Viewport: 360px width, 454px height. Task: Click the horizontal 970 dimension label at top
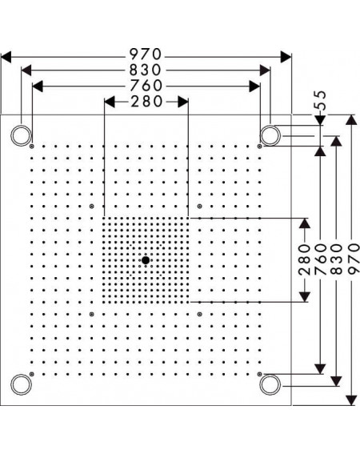pyautogui.click(x=145, y=54)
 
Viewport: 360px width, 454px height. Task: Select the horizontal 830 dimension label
pyautogui.click(x=145, y=70)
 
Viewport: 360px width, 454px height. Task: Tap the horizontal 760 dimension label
pyautogui.click(x=146, y=86)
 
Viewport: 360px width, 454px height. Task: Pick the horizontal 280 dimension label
pyautogui.click(x=146, y=102)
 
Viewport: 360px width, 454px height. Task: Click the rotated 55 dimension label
pyautogui.click(x=321, y=100)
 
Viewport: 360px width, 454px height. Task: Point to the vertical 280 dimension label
pyautogui.click(x=305, y=259)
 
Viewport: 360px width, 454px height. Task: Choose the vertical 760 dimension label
pyautogui.click(x=320, y=259)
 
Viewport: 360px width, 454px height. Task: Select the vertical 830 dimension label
pyautogui.click(x=336, y=259)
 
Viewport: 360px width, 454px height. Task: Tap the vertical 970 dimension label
pyautogui.click(x=353, y=259)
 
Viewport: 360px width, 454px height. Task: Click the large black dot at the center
pyautogui.click(x=146, y=260)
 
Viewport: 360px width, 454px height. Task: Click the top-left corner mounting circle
pyautogui.click(x=21, y=135)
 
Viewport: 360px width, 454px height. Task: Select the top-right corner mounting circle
pyautogui.click(x=270, y=135)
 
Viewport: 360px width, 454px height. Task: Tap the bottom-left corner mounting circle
pyautogui.click(x=21, y=384)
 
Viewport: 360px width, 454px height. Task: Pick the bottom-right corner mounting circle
pyautogui.click(x=270, y=384)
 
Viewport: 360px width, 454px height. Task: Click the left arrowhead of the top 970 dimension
pyautogui.click(x=6, y=57)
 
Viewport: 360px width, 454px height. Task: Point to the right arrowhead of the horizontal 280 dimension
pyautogui.click(x=183, y=102)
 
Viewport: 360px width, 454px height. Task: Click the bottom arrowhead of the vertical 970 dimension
pyautogui.click(x=352, y=400)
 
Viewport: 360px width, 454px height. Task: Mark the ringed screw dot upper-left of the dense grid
pyautogui.click(x=92, y=206)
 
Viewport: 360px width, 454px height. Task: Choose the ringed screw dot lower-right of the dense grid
pyautogui.click(x=199, y=314)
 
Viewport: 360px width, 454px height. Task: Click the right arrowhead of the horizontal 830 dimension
pyautogui.click(x=265, y=70)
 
